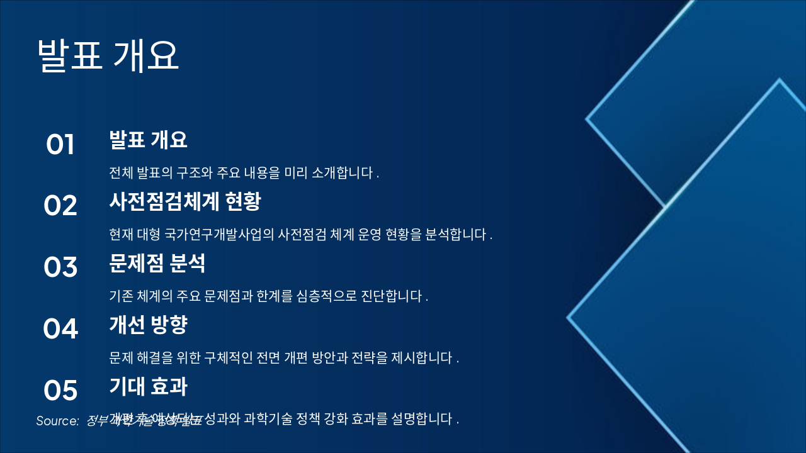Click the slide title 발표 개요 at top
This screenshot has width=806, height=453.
pos(108,55)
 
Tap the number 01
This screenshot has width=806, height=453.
pos(60,145)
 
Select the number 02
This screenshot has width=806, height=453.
pos(60,206)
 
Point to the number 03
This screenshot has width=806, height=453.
pos(60,267)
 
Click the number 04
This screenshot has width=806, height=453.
pos(60,328)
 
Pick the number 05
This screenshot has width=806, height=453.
pos(60,390)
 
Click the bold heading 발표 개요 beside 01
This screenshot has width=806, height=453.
pos(148,140)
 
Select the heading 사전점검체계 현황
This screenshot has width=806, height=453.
pos(184,201)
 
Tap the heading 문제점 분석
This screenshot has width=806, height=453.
pos(157,263)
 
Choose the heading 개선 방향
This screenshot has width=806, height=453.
pos(148,325)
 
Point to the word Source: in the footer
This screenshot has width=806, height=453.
pos(57,421)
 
